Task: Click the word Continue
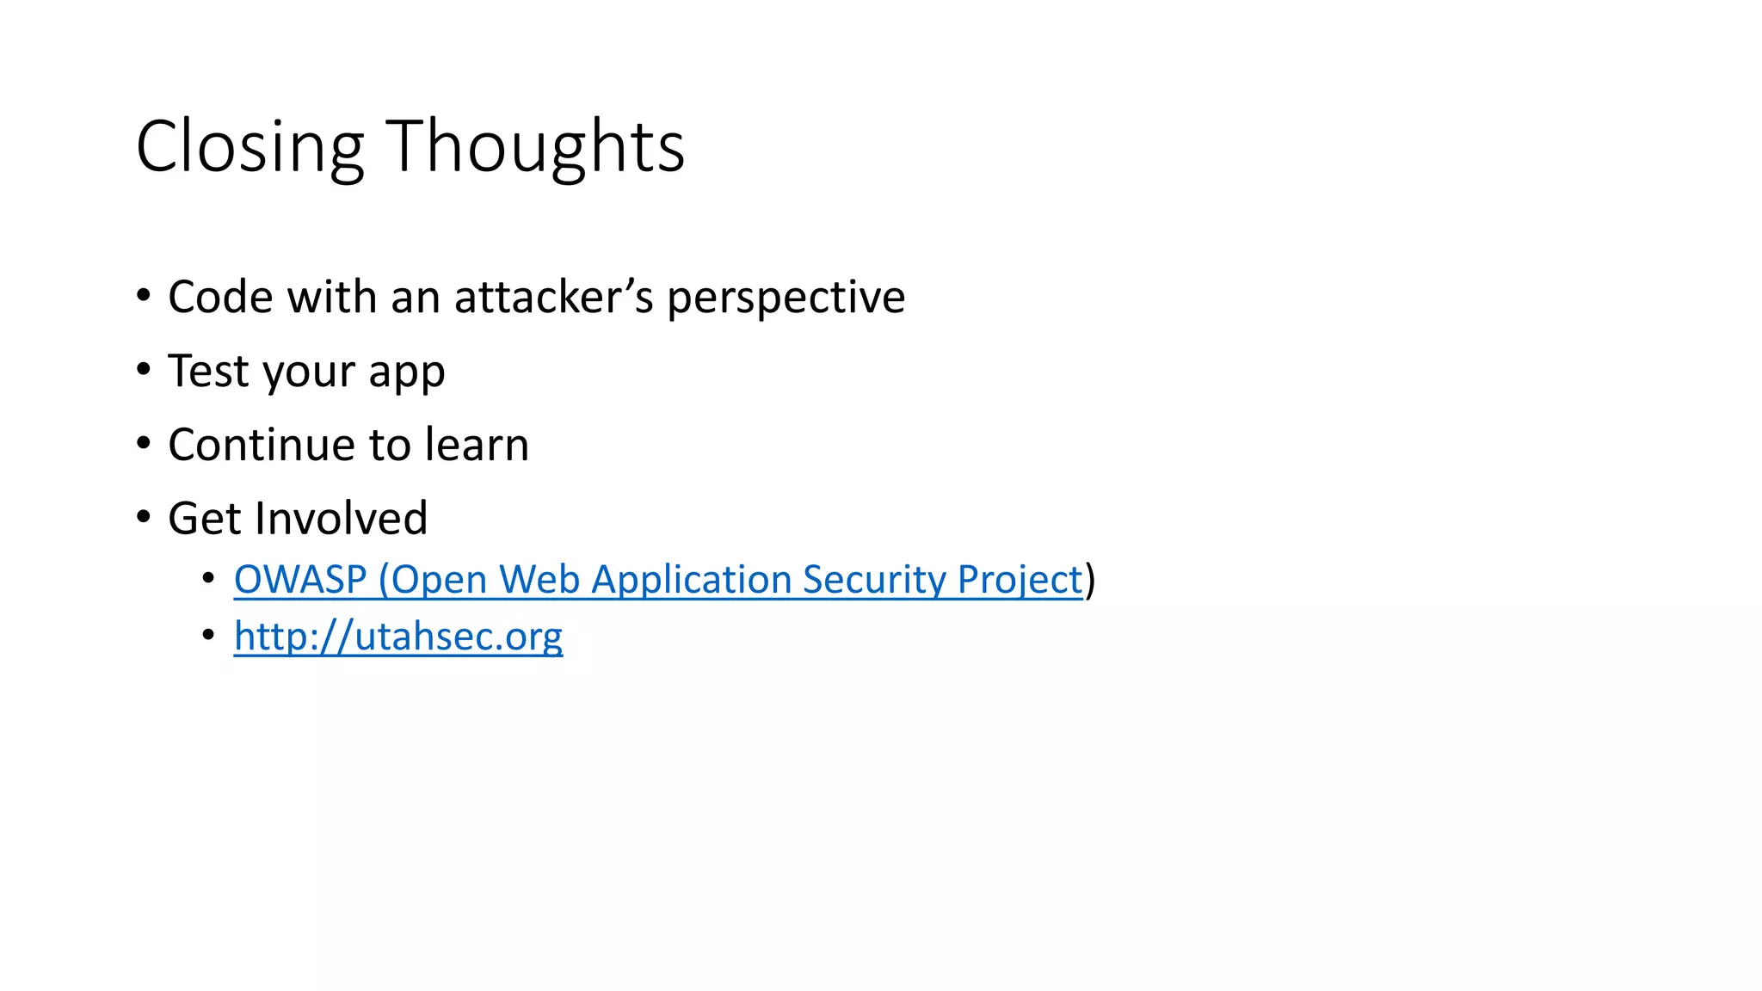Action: (x=262, y=446)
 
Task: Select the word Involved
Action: (x=342, y=519)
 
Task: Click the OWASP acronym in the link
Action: (x=300, y=580)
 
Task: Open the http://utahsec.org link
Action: (x=397, y=637)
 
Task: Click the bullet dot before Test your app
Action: (x=144, y=370)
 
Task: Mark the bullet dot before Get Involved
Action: (x=144, y=517)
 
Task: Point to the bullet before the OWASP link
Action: (x=208, y=579)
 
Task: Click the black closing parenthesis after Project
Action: (x=1090, y=580)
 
